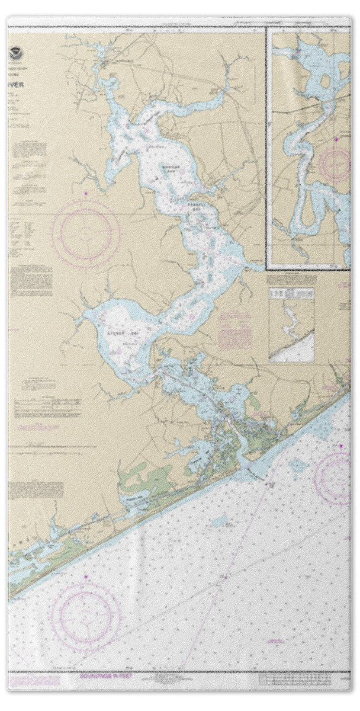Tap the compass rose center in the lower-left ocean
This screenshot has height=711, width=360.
coord(86,616)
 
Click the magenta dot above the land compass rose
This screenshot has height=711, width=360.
coord(86,194)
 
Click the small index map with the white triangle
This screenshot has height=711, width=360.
coord(291,325)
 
